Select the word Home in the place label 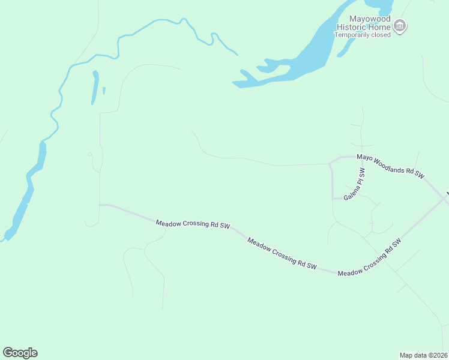tap(381, 27)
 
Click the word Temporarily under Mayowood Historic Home tap(354, 35)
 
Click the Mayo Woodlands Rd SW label tap(390, 166)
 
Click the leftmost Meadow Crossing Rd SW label tap(193, 224)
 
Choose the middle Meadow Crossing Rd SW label tap(282, 253)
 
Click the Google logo tap(20, 353)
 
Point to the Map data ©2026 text tap(423, 355)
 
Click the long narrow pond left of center tap(94, 88)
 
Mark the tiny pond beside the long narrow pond tap(104, 91)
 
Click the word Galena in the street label tap(349, 192)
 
